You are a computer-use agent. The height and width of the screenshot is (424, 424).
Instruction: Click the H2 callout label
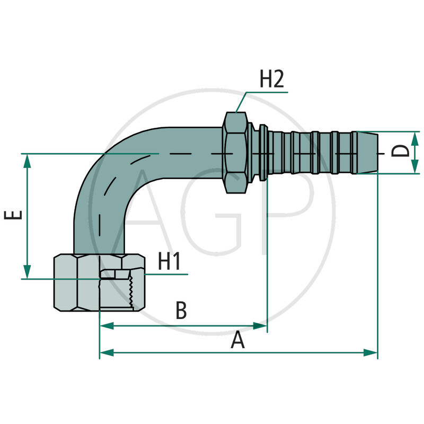[272, 79]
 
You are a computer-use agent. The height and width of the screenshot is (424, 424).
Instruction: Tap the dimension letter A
[238, 340]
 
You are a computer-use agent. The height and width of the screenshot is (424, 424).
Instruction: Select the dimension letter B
[181, 311]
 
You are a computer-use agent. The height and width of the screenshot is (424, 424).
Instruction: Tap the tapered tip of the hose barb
[373, 153]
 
